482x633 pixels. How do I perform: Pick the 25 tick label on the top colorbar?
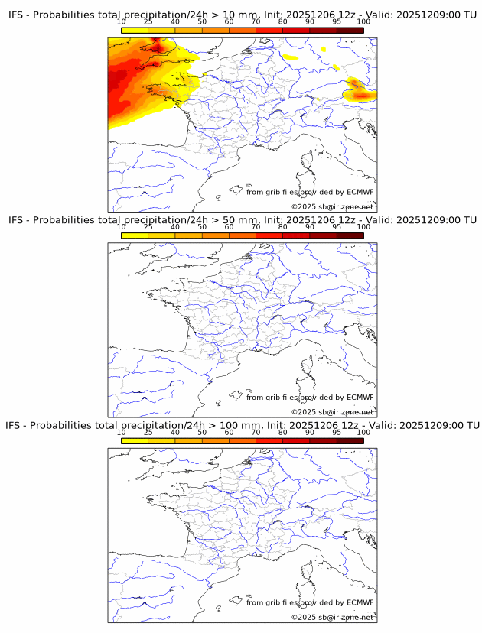(x=148, y=23)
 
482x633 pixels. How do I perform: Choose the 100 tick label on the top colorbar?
(x=363, y=23)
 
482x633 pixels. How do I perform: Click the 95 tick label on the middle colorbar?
(x=337, y=227)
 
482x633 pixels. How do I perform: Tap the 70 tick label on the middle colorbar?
(x=256, y=227)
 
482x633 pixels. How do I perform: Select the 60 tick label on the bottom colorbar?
(x=229, y=432)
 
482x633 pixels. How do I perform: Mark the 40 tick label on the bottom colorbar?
(x=175, y=432)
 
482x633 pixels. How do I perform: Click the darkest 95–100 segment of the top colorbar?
(x=350, y=31)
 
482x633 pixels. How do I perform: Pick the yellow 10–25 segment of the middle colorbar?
(x=135, y=235)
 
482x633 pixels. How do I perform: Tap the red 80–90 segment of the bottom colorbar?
(x=296, y=440)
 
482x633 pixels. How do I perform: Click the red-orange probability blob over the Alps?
(x=359, y=94)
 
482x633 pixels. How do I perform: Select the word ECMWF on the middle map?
(x=360, y=397)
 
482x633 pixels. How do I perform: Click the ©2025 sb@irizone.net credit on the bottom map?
(x=332, y=616)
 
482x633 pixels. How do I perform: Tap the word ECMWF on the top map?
(x=360, y=192)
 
